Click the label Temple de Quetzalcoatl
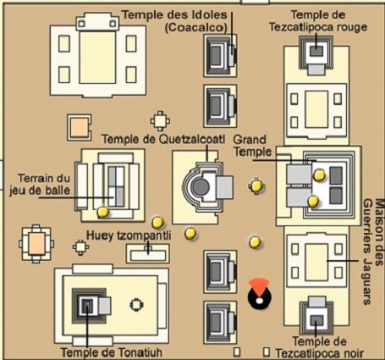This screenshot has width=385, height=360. [163, 139]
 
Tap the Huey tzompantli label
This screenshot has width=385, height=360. [129, 235]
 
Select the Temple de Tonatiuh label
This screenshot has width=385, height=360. [112, 352]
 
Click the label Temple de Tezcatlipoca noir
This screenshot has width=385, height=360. [319, 347]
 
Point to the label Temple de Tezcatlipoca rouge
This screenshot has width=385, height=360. [318, 21]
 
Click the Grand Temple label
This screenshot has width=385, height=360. [250, 146]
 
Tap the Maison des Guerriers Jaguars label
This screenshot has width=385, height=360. [373, 252]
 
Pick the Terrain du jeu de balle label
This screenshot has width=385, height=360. [40, 185]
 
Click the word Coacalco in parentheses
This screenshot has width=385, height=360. [196, 28]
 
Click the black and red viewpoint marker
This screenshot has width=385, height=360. [260, 295]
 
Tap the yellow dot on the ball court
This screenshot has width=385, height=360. [103, 212]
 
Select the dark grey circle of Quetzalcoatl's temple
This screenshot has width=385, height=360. [201, 187]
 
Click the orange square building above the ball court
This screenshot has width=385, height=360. [80, 128]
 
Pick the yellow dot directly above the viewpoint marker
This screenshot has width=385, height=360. [255, 242]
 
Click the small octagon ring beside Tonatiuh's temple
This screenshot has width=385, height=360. [136, 305]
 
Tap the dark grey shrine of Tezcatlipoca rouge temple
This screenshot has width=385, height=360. [316, 51]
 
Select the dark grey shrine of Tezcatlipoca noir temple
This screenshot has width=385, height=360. [317, 320]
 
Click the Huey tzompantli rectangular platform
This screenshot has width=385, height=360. [147, 253]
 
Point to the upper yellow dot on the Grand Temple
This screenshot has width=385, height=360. [320, 175]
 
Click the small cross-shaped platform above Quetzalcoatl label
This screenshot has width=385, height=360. [160, 121]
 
